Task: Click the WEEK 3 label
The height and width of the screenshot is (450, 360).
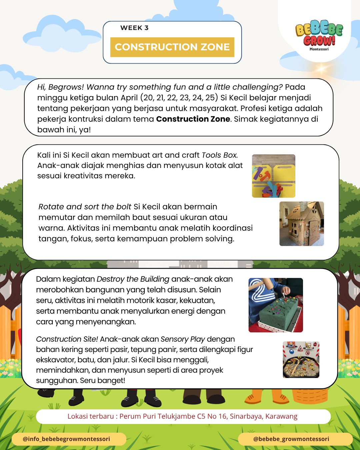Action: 134,28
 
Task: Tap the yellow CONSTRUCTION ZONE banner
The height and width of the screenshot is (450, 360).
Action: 172,47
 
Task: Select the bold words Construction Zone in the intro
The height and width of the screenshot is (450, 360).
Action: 193,119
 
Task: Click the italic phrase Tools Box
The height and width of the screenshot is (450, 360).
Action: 220,155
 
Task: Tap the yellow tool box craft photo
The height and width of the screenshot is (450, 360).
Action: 273,176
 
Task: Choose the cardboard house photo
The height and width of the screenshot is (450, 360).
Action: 301,224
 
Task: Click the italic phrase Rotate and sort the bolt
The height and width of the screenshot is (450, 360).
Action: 85,207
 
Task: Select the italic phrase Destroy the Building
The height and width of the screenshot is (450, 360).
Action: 133,279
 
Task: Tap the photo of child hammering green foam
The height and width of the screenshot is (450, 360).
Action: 276,305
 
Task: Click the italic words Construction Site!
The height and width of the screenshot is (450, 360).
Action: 67,339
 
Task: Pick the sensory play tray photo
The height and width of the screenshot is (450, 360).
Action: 301,360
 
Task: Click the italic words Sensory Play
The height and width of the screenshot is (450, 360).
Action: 183,339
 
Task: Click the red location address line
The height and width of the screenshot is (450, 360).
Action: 182,416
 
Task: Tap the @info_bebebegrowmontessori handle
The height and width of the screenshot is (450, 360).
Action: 66,439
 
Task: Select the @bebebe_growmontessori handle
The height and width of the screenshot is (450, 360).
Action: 291,439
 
